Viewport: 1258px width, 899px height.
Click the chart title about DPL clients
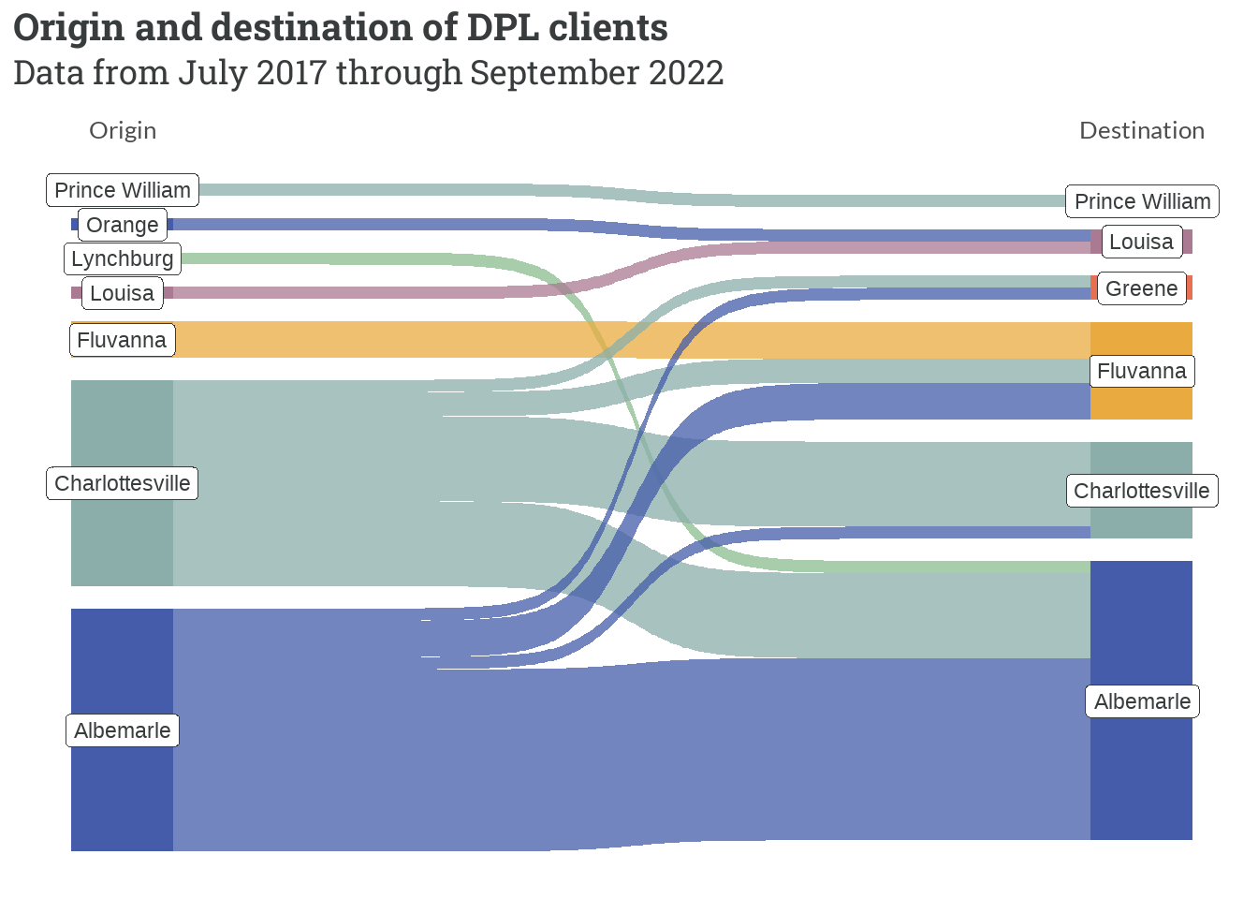pyautogui.click(x=341, y=28)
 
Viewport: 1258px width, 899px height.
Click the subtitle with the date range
pyautogui.click(x=369, y=73)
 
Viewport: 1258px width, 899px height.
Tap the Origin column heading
pyautogui.click(x=123, y=130)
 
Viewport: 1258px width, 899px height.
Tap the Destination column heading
pyautogui.click(x=1141, y=130)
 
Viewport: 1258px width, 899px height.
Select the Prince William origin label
pyautogui.click(x=123, y=190)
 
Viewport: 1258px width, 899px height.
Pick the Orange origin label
pyautogui.click(x=123, y=225)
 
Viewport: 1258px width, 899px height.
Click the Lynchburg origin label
pyautogui.click(x=123, y=258)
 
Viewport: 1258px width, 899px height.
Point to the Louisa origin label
pyautogui.click(x=122, y=293)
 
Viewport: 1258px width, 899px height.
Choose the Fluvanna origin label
pyautogui.click(x=122, y=340)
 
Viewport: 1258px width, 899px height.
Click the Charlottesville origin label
pyautogui.click(x=123, y=483)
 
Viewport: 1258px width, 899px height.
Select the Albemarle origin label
pyautogui.click(x=123, y=730)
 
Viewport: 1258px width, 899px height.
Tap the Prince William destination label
pyautogui.click(x=1142, y=201)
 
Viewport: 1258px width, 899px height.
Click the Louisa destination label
pyautogui.click(x=1141, y=242)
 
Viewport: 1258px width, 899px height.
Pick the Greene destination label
pyautogui.click(x=1141, y=288)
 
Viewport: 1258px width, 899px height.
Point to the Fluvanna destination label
pyautogui.click(x=1141, y=371)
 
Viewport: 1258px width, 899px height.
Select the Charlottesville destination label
pyautogui.click(x=1141, y=491)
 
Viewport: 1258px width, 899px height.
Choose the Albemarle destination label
pyautogui.click(x=1142, y=701)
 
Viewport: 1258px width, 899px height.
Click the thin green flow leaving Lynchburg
pyautogui.click(x=374, y=258)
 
